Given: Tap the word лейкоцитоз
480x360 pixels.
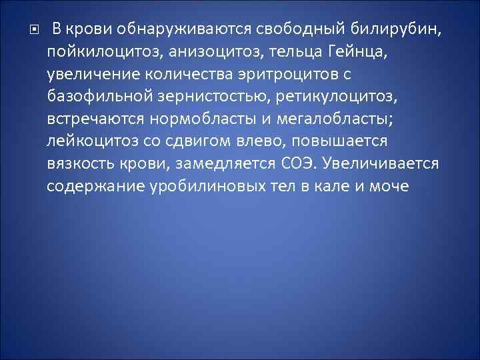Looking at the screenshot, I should pos(91,143).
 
